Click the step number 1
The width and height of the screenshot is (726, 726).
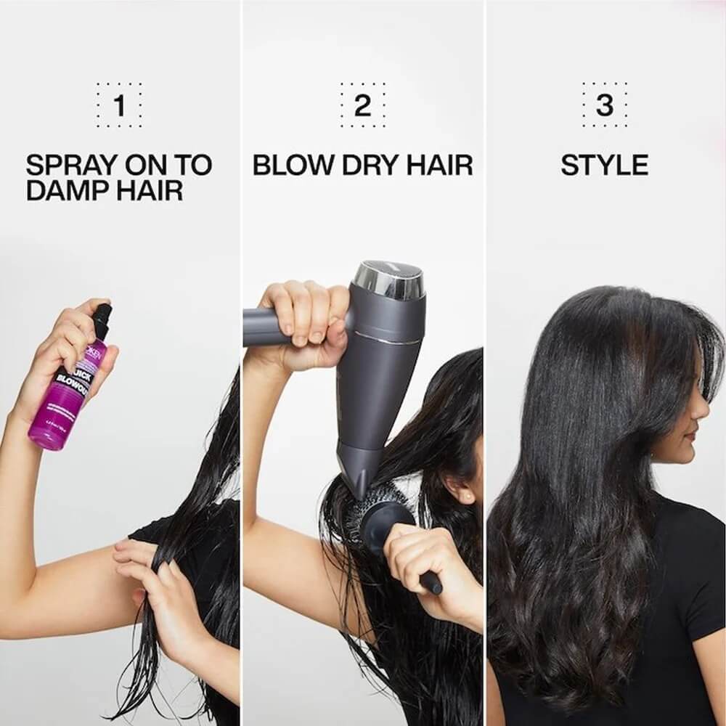[120, 106]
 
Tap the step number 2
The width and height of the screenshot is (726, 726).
[362, 106]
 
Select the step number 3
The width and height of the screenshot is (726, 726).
[605, 106]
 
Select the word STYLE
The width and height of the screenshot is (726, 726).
[605, 166]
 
